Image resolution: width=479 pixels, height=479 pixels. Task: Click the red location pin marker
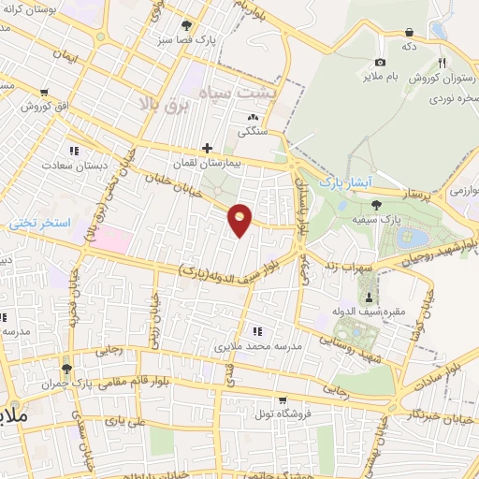[x=241, y=219]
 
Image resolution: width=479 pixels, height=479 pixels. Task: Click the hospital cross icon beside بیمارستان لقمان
[x=207, y=148]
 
